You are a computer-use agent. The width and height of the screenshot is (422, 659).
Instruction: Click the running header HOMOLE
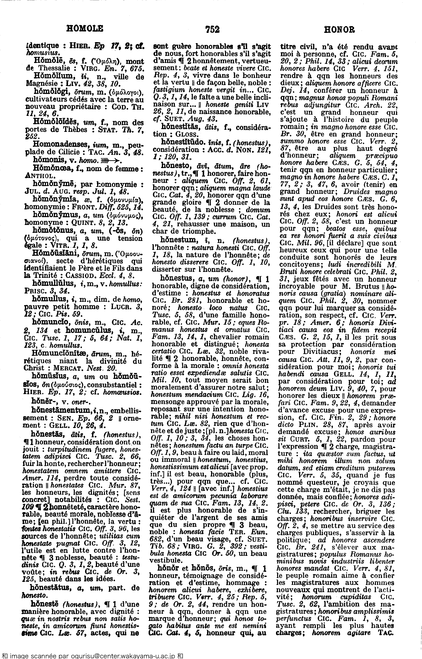pos(85,28)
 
